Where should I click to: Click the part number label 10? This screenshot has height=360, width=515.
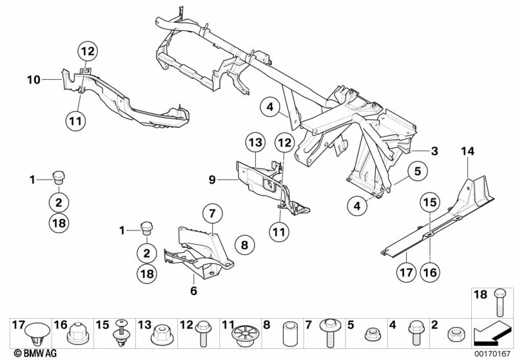pyautogui.click(x=34, y=80)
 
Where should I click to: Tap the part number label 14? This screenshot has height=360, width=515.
pyautogui.click(x=467, y=151)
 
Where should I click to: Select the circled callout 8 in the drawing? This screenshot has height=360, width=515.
pyautogui.click(x=244, y=244)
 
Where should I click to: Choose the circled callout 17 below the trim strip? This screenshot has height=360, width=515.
pyautogui.click(x=405, y=273)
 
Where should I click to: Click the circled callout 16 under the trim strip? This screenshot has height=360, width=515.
pyautogui.click(x=430, y=273)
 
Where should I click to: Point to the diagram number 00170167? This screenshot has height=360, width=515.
pyautogui.click(x=492, y=353)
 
